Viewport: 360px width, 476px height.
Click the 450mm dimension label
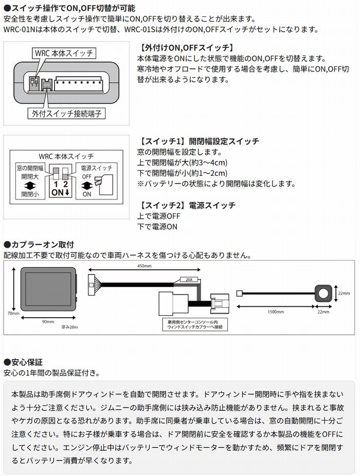pyautogui.click(x=145, y=267)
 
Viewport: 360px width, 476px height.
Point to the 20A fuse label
pyautogui.click(x=189, y=281)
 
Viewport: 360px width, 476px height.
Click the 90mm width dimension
pyautogui.click(x=48, y=322)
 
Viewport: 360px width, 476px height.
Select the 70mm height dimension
pyautogui.click(x=13, y=314)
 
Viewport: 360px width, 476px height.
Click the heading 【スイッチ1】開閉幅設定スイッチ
pyautogui.click(x=199, y=141)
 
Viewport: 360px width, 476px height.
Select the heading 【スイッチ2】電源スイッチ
pyautogui.click(x=187, y=205)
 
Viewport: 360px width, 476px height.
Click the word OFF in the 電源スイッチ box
pyautogui.click(x=87, y=176)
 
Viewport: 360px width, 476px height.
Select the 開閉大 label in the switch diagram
pyautogui.click(x=29, y=176)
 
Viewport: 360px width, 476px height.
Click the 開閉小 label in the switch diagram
pyautogui.click(x=29, y=194)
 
